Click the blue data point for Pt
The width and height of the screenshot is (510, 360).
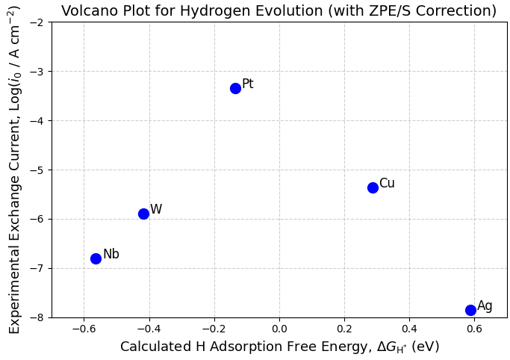[x=235, y=88]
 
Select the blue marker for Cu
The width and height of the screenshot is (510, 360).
[x=373, y=187]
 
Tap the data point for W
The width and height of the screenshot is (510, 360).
[x=143, y=214]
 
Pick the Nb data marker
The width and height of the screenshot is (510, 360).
[x=96, y=258]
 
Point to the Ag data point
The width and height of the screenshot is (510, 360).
[x=470, y=310]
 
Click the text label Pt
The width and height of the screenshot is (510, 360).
[x=247, y=84]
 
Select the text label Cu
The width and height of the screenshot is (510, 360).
[x=387, y=184]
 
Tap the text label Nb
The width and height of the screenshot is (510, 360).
[x=111, y=255]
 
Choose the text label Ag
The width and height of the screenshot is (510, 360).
[x=485, y=306]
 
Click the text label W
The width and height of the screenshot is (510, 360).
[x=155, y=210]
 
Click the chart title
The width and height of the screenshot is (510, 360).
[x=279, y=11]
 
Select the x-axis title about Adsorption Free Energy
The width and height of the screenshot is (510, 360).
[x=279, y=347]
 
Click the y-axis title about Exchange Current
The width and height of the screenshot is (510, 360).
[x=14, y=170]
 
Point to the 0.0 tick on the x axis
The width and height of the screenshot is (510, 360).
[x=279, y=329]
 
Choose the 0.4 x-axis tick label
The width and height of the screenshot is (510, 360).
[x=409, y=329]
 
